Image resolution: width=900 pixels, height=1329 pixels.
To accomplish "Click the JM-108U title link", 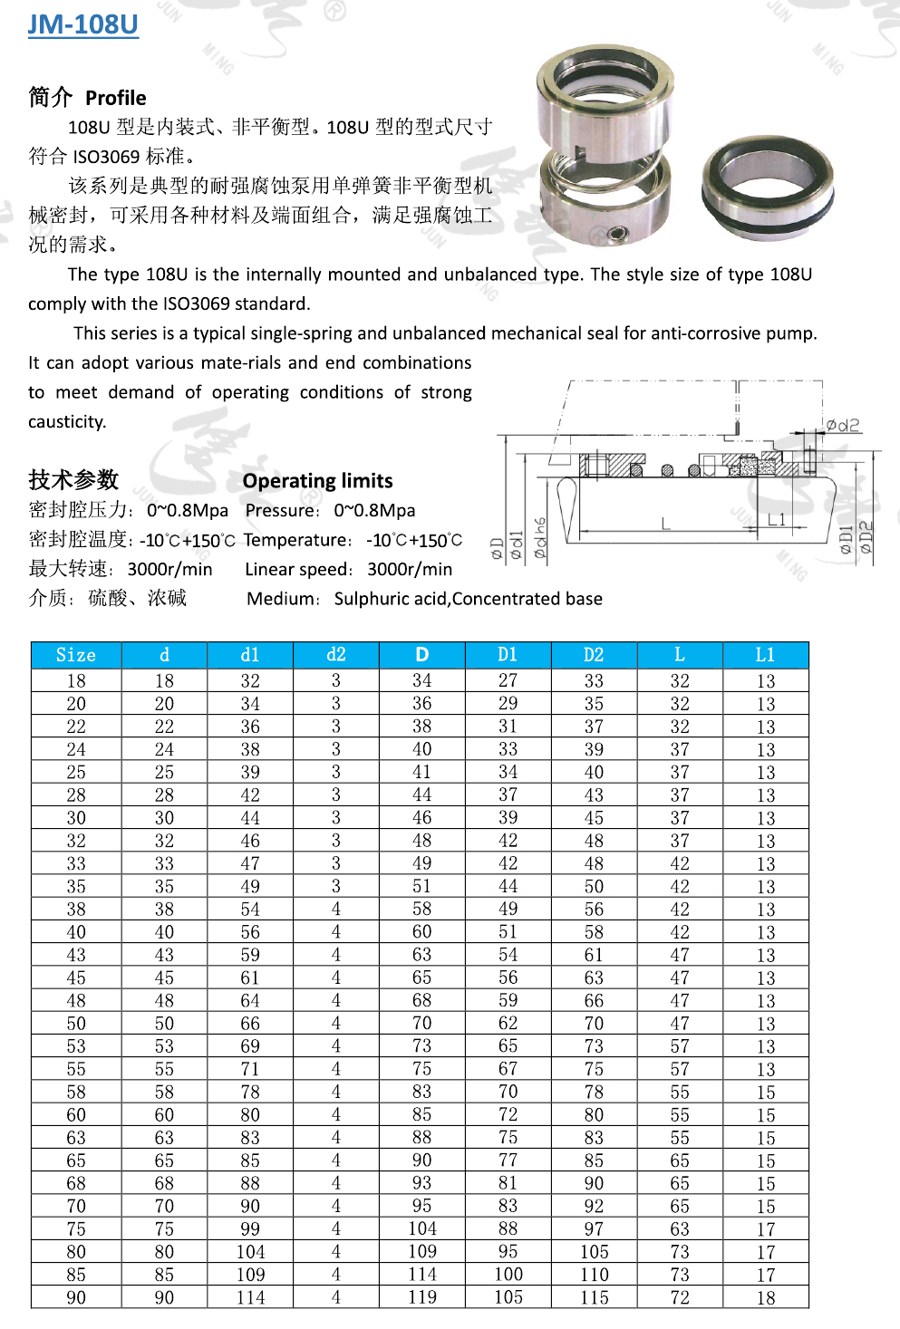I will [82, 24].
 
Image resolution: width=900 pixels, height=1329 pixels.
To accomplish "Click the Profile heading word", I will [115, 98].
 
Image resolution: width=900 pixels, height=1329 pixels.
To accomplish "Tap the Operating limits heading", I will [317, 481].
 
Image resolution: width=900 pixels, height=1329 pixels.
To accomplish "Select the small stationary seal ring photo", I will [767, 188].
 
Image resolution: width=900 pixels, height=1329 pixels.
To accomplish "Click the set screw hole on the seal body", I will [619, 234].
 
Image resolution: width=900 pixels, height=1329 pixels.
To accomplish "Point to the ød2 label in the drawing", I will [843, 425].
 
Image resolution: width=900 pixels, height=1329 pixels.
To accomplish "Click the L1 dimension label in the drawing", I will [777, 519].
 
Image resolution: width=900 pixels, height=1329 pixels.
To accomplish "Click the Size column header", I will [76, 655].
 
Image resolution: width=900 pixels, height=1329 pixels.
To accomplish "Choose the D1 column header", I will [508, 655].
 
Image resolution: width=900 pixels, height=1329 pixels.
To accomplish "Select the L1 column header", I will [766, 655].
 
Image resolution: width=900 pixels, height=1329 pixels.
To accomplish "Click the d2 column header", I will [336, 655].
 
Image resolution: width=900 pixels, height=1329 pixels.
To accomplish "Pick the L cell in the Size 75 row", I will [680, 1229].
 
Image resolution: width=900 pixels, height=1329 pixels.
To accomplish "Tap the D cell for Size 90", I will [422, 1297].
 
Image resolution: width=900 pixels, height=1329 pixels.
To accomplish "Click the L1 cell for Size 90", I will [766, 1297].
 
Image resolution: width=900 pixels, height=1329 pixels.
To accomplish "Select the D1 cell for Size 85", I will [508, 1275].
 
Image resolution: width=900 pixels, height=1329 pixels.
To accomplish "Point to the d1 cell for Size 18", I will [250, 681].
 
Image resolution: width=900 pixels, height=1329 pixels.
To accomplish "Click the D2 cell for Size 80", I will [594, 1252].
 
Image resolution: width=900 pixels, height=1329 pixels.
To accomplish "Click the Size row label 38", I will [76, 910].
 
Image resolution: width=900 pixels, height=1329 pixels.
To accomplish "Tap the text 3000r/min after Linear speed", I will [410, 570].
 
